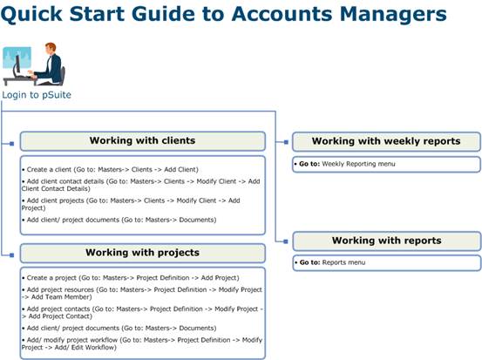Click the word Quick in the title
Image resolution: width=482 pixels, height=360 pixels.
point(31,15)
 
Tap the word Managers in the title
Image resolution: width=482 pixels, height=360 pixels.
point(393,15)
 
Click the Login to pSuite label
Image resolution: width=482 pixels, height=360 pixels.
point(37,95)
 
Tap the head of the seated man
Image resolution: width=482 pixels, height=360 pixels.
point(51,48)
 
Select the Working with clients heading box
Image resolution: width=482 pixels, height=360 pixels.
point(143,141)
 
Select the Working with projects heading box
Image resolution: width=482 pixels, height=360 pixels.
point(143,253)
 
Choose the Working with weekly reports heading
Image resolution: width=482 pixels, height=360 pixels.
point(386,141)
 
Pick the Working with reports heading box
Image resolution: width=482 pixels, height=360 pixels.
point(387,241)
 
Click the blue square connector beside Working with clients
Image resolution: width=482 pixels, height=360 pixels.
point(11,144)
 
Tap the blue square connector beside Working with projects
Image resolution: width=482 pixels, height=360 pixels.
point(11,255)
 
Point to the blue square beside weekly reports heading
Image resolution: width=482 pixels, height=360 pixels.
point(286,142)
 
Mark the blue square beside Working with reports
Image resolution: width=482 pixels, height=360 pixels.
point(286,241)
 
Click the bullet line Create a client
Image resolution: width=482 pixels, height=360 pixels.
point(110,169)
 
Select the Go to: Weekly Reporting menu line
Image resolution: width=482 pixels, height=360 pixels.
point(345,164)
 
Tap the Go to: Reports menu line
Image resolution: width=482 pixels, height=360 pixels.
point(330,262)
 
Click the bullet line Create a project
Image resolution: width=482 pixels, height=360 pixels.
point(131,278)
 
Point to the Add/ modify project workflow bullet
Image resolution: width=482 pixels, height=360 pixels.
point(142,343)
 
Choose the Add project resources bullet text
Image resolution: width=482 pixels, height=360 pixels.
point(142,293)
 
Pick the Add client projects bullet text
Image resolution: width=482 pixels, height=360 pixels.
point(131,204)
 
